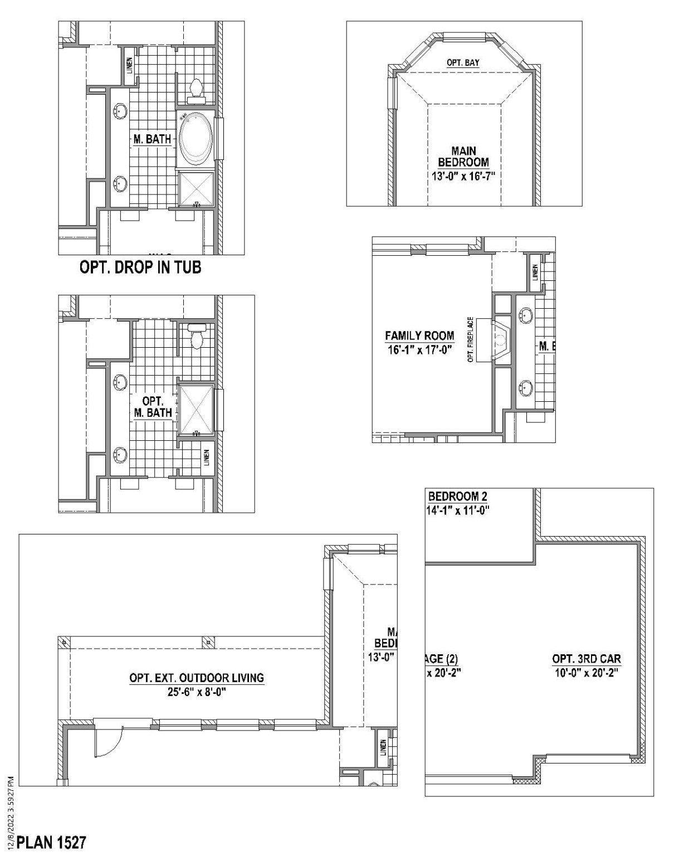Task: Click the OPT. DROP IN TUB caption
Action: click(140, 267)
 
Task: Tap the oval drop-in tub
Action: click(195, 139)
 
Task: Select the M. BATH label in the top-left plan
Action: click(152, 139)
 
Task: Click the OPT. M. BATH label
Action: click(152, 407)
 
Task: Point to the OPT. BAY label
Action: click(463, 63)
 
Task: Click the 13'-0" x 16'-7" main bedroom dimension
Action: click(463, 176)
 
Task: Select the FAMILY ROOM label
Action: click(419, 336)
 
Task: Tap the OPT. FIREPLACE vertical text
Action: click(471, 340)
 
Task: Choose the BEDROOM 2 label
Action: click(457, 497)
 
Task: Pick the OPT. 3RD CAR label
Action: click(587, 659)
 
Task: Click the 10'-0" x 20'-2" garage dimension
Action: click(587, 673)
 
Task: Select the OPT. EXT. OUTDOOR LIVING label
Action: click(197, 678)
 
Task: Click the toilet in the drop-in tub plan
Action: click(196, 91)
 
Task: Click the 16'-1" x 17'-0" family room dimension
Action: click(419, 350)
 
